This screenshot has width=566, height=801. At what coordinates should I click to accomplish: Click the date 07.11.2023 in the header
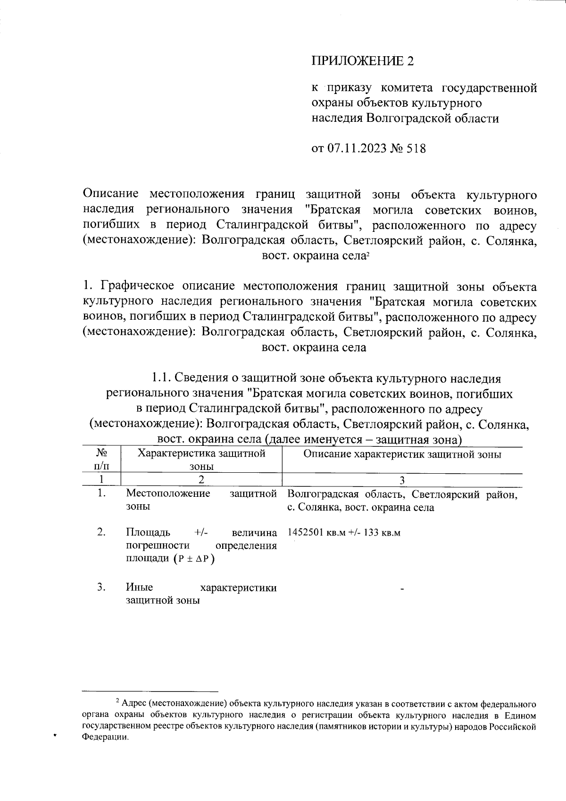point(357,148)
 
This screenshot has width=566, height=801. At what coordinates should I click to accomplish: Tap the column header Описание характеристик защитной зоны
point(402,454)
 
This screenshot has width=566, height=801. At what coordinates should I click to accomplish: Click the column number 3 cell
point(402,480)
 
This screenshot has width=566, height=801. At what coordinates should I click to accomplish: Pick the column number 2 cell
point(201,480)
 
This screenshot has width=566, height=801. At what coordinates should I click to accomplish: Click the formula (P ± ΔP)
point(193,559)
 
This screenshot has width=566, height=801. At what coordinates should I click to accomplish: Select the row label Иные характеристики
point(201,588)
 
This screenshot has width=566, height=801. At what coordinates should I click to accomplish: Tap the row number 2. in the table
point(101,532)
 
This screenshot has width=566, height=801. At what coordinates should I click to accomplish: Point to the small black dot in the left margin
point(55,735)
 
